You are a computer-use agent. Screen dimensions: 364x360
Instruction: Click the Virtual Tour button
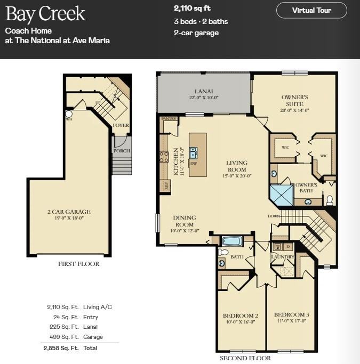pos(311,10)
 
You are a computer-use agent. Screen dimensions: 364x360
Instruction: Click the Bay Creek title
pos(45,14)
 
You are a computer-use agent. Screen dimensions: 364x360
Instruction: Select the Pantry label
pos(169,119)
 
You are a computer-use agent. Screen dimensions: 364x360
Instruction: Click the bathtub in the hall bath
pos(233,241)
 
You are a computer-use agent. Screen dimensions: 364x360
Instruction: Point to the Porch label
pos(122,151)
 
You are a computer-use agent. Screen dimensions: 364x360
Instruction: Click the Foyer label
pos(121,125)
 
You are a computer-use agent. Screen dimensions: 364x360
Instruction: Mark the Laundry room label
pos(282,257)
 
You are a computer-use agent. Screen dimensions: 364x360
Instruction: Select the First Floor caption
pos(78,264)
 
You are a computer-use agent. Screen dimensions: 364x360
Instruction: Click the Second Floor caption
pos(245,358)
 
